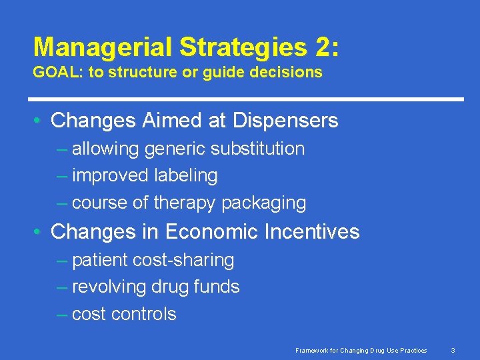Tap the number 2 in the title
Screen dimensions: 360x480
click(x=323, y=47)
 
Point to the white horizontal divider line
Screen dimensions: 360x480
click(x=248, y=99)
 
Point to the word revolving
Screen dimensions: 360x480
click(x=109, y=287)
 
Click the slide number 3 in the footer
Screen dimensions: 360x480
click(x=453, y=351)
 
